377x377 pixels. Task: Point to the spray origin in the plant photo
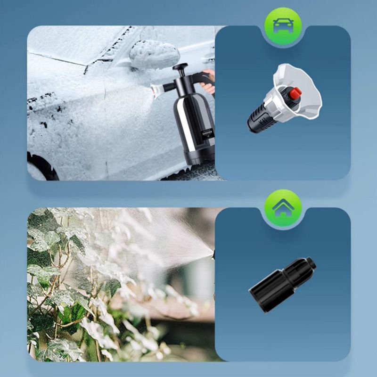point(213,254)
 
